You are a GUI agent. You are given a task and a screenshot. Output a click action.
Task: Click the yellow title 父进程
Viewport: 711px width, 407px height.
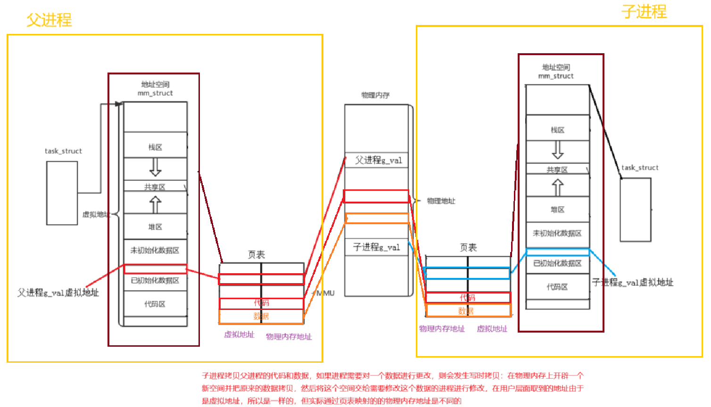click(x=49, y=20)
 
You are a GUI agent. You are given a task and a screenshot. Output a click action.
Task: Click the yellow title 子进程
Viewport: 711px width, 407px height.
click(x=644, y=11)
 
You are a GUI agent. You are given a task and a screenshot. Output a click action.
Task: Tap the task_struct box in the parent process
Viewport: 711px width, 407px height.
click(x=62, y=193)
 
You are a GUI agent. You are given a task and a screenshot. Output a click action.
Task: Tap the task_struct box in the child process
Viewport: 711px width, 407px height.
click(x=635, y=210)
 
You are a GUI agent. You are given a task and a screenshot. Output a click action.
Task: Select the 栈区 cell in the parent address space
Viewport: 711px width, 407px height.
click(x=155, y=147)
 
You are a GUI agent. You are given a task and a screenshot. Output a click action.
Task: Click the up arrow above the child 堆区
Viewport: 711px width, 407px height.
click(x=558, y=187)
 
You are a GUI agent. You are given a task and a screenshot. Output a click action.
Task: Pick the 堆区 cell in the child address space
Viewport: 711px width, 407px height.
click(x=558, y=210)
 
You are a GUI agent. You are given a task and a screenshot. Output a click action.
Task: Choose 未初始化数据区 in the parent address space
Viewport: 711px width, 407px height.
click(x=155, y=250)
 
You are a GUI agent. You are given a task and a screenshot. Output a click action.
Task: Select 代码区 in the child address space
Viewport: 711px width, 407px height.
click(x=557, y=287)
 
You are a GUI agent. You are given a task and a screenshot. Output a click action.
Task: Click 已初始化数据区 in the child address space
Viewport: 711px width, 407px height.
click(x=557, y=263)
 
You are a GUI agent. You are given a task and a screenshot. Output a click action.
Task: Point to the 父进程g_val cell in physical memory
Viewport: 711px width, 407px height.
click(x=378, y=160)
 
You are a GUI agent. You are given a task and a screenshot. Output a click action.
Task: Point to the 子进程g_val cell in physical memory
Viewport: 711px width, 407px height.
click(x=376, y=247)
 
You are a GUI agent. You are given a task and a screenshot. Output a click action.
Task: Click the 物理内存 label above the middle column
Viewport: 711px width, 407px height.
click(x=375, y=95)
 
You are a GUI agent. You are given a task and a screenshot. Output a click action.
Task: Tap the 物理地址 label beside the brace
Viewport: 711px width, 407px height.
click(x=441, y=201)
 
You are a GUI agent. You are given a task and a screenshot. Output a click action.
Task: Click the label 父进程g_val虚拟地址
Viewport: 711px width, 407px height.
click(x=58, y=293)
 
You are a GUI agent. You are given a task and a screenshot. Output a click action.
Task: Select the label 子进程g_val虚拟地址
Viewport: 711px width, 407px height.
click(x=632, y=282)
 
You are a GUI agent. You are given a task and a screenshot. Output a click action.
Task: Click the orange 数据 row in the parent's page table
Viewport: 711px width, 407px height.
click(x=261, y=317)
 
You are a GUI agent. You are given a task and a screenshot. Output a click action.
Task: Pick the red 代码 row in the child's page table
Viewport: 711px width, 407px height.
click(x=467, y=298)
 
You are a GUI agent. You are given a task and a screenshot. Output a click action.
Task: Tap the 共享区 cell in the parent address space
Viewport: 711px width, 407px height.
click(x=155, y=187)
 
